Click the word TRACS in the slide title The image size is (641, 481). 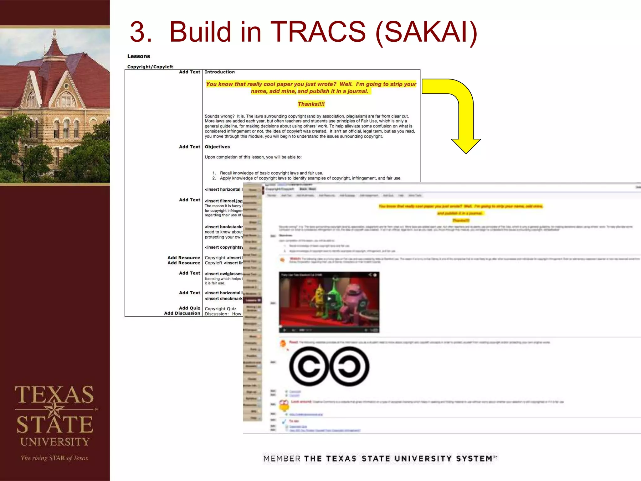click(x=318, y=32)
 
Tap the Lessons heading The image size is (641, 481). click(x=138, y=56)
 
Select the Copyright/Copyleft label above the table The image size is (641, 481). click(x=150, y=67)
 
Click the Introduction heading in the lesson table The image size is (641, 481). click(x=219, y=72)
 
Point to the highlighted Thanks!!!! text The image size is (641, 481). click(x=311, y=104)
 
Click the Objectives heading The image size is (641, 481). click(x=217, y=147)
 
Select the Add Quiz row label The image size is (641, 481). click(x=189, y=308)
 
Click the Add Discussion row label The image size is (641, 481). click(x=182, y=313)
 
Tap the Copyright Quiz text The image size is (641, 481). click(x=220, y=309)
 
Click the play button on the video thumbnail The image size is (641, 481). click(x=329, y=299)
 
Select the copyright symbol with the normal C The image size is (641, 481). click(x=309, y=366)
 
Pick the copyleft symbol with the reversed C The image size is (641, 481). click(x=349, y=366)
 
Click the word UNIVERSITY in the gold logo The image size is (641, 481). click(x=55, y=442)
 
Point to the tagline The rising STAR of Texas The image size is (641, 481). click(x=54, y=458)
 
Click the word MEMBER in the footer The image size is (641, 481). click(x=282, y=459)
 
